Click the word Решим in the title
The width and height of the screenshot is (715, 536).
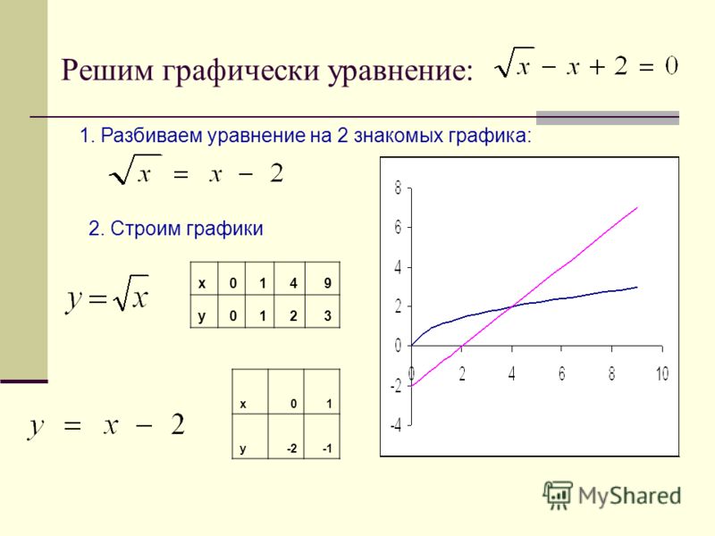(106, 71)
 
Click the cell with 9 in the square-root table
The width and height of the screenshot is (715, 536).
(323, 279)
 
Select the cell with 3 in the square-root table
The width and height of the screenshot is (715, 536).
(323, 311)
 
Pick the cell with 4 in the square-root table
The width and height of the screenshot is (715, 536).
(290, 279)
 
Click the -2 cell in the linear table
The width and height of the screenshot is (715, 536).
(286, 436)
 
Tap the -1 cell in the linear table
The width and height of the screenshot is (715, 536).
(322, 436)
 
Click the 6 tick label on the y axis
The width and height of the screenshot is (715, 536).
(398, 227)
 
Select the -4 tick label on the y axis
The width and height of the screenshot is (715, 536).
(395, 426)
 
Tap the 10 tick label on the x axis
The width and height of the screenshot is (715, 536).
(662, 373)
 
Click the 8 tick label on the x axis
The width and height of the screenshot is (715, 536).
(611, 373)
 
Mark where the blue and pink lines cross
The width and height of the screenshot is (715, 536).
(512, 306)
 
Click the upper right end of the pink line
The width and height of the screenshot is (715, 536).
(637, 207)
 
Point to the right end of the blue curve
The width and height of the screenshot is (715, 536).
(637, 287)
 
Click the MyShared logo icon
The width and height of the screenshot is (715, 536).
(558, 495)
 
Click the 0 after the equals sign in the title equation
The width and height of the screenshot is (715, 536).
(671, 66)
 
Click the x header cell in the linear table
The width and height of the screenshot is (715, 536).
(250, 391)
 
